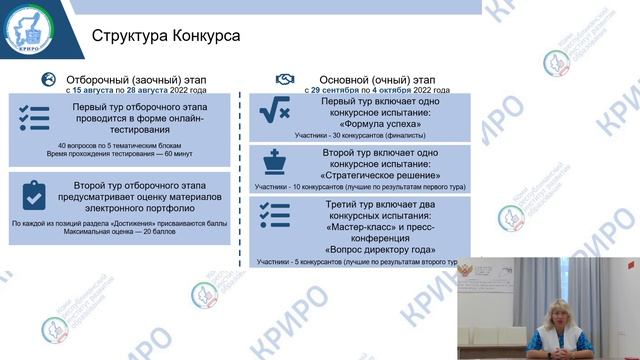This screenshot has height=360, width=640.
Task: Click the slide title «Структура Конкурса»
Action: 165,37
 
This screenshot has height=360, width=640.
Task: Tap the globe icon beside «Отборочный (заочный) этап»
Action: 47,79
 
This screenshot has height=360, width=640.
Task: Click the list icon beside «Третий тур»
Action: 273,216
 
